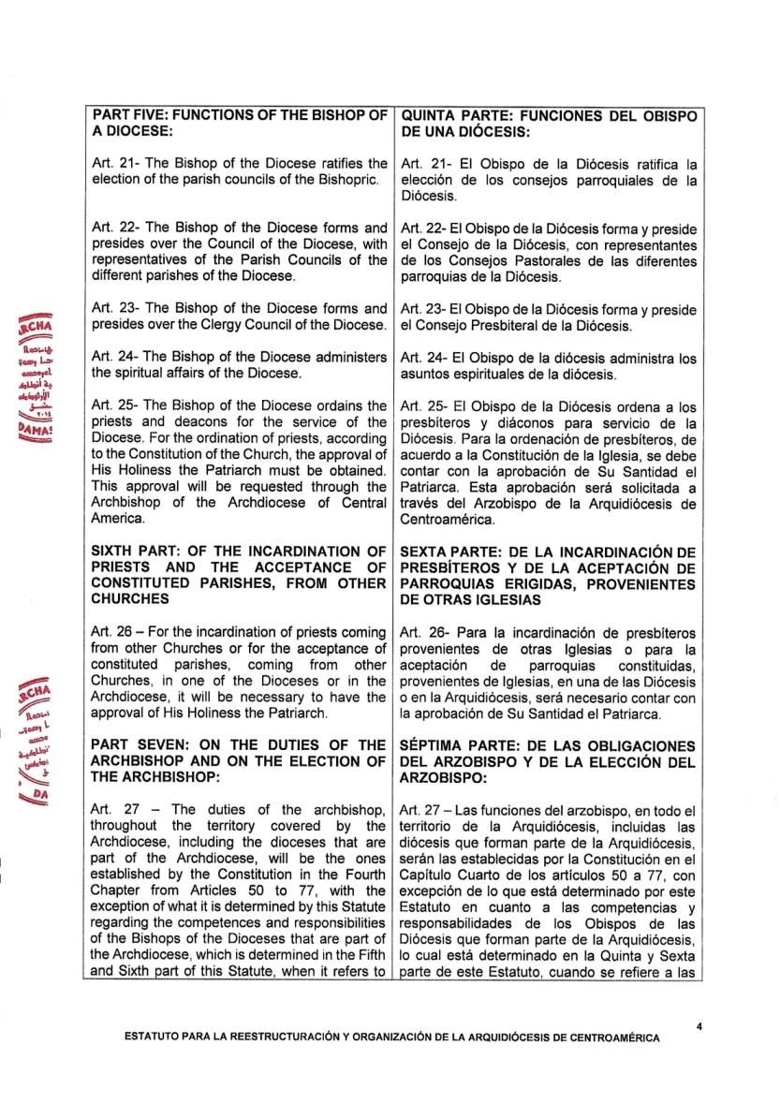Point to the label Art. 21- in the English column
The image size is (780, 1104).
(x=113, y=163)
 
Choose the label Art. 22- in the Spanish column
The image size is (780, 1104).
(x=423, y=228)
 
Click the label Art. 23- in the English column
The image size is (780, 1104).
(x=113, y=308)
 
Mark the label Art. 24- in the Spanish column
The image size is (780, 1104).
(x=423, y=357)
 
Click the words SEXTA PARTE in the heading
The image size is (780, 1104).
(x=449, y=550)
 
